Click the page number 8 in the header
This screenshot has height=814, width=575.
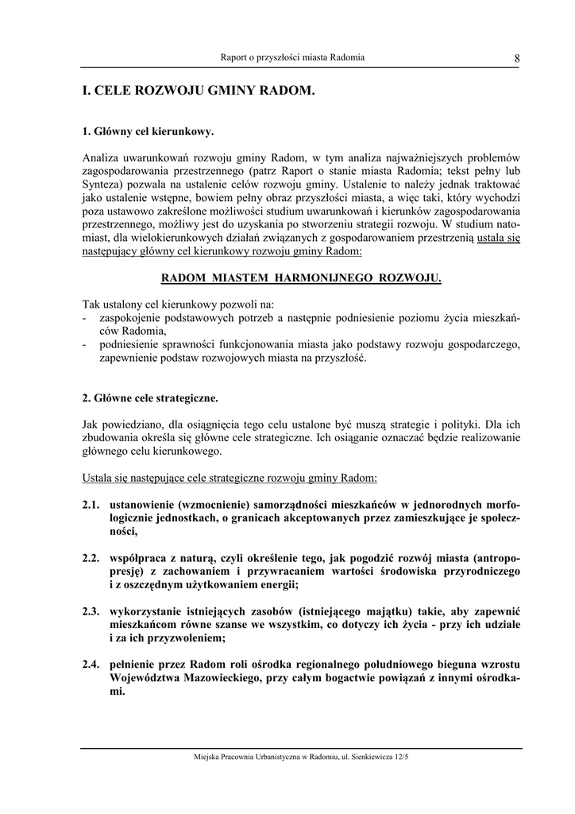[517, 57]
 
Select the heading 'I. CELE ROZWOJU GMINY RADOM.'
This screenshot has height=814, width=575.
[199, 92]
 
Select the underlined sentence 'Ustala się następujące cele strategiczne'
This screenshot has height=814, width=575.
[230, 479]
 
